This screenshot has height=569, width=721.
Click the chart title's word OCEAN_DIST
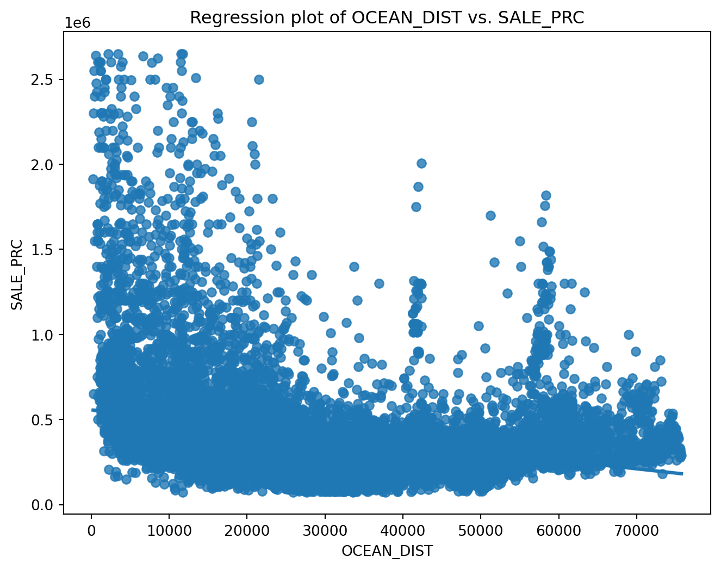click(389, 18)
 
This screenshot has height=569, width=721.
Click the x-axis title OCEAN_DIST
click(387, 551)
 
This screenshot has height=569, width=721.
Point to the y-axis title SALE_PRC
click(17, 274)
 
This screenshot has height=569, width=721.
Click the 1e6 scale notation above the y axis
click(78, 23)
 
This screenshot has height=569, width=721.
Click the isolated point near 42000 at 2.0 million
click(421, 163)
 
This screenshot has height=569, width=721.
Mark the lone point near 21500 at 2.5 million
click(259, 79)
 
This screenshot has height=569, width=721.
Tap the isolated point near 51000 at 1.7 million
click(490, 215)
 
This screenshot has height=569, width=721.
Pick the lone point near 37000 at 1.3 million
click(379, 283)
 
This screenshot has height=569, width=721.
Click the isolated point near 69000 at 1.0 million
click(629, 335)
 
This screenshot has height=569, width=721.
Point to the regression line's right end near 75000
click(681, 474)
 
